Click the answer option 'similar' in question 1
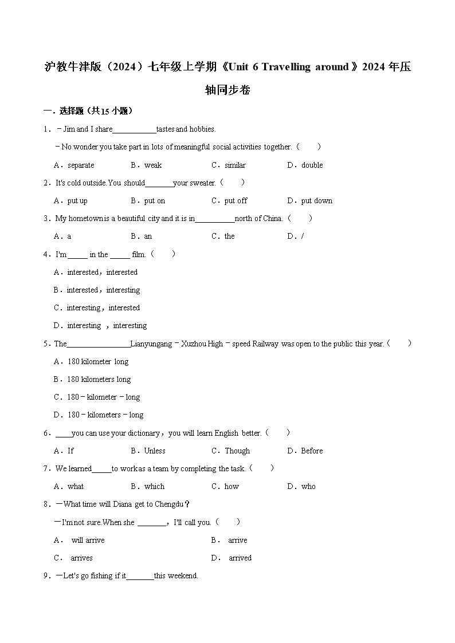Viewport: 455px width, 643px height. click(x=235, y=165)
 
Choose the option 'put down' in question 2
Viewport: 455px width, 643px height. click(x=316, y=201)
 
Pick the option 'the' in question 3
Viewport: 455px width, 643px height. click(x=229, y=236)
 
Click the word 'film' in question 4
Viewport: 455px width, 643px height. click(x=138, y=254)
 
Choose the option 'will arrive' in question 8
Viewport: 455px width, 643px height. click(x=88, y=541)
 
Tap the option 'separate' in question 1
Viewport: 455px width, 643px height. click(x=81, y=165)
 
